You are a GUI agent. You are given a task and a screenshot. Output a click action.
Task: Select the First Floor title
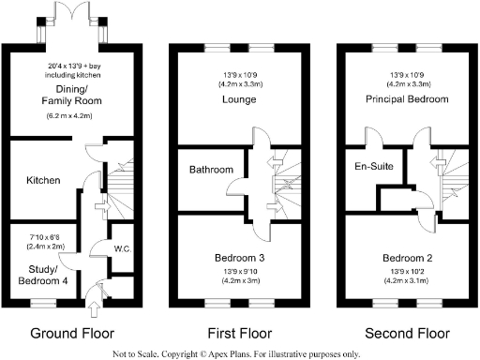[239, 333]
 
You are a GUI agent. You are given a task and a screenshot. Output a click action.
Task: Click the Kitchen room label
[43, 180]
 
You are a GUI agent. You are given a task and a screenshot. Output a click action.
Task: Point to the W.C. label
[120, 248]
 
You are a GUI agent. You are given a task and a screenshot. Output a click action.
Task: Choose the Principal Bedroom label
[406, 97]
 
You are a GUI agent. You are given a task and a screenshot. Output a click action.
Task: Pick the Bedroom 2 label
[406, 257]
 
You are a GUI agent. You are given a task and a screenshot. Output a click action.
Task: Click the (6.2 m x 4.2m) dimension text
[65, 116]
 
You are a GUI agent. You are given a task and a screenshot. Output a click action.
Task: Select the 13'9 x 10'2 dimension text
[406, 272]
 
